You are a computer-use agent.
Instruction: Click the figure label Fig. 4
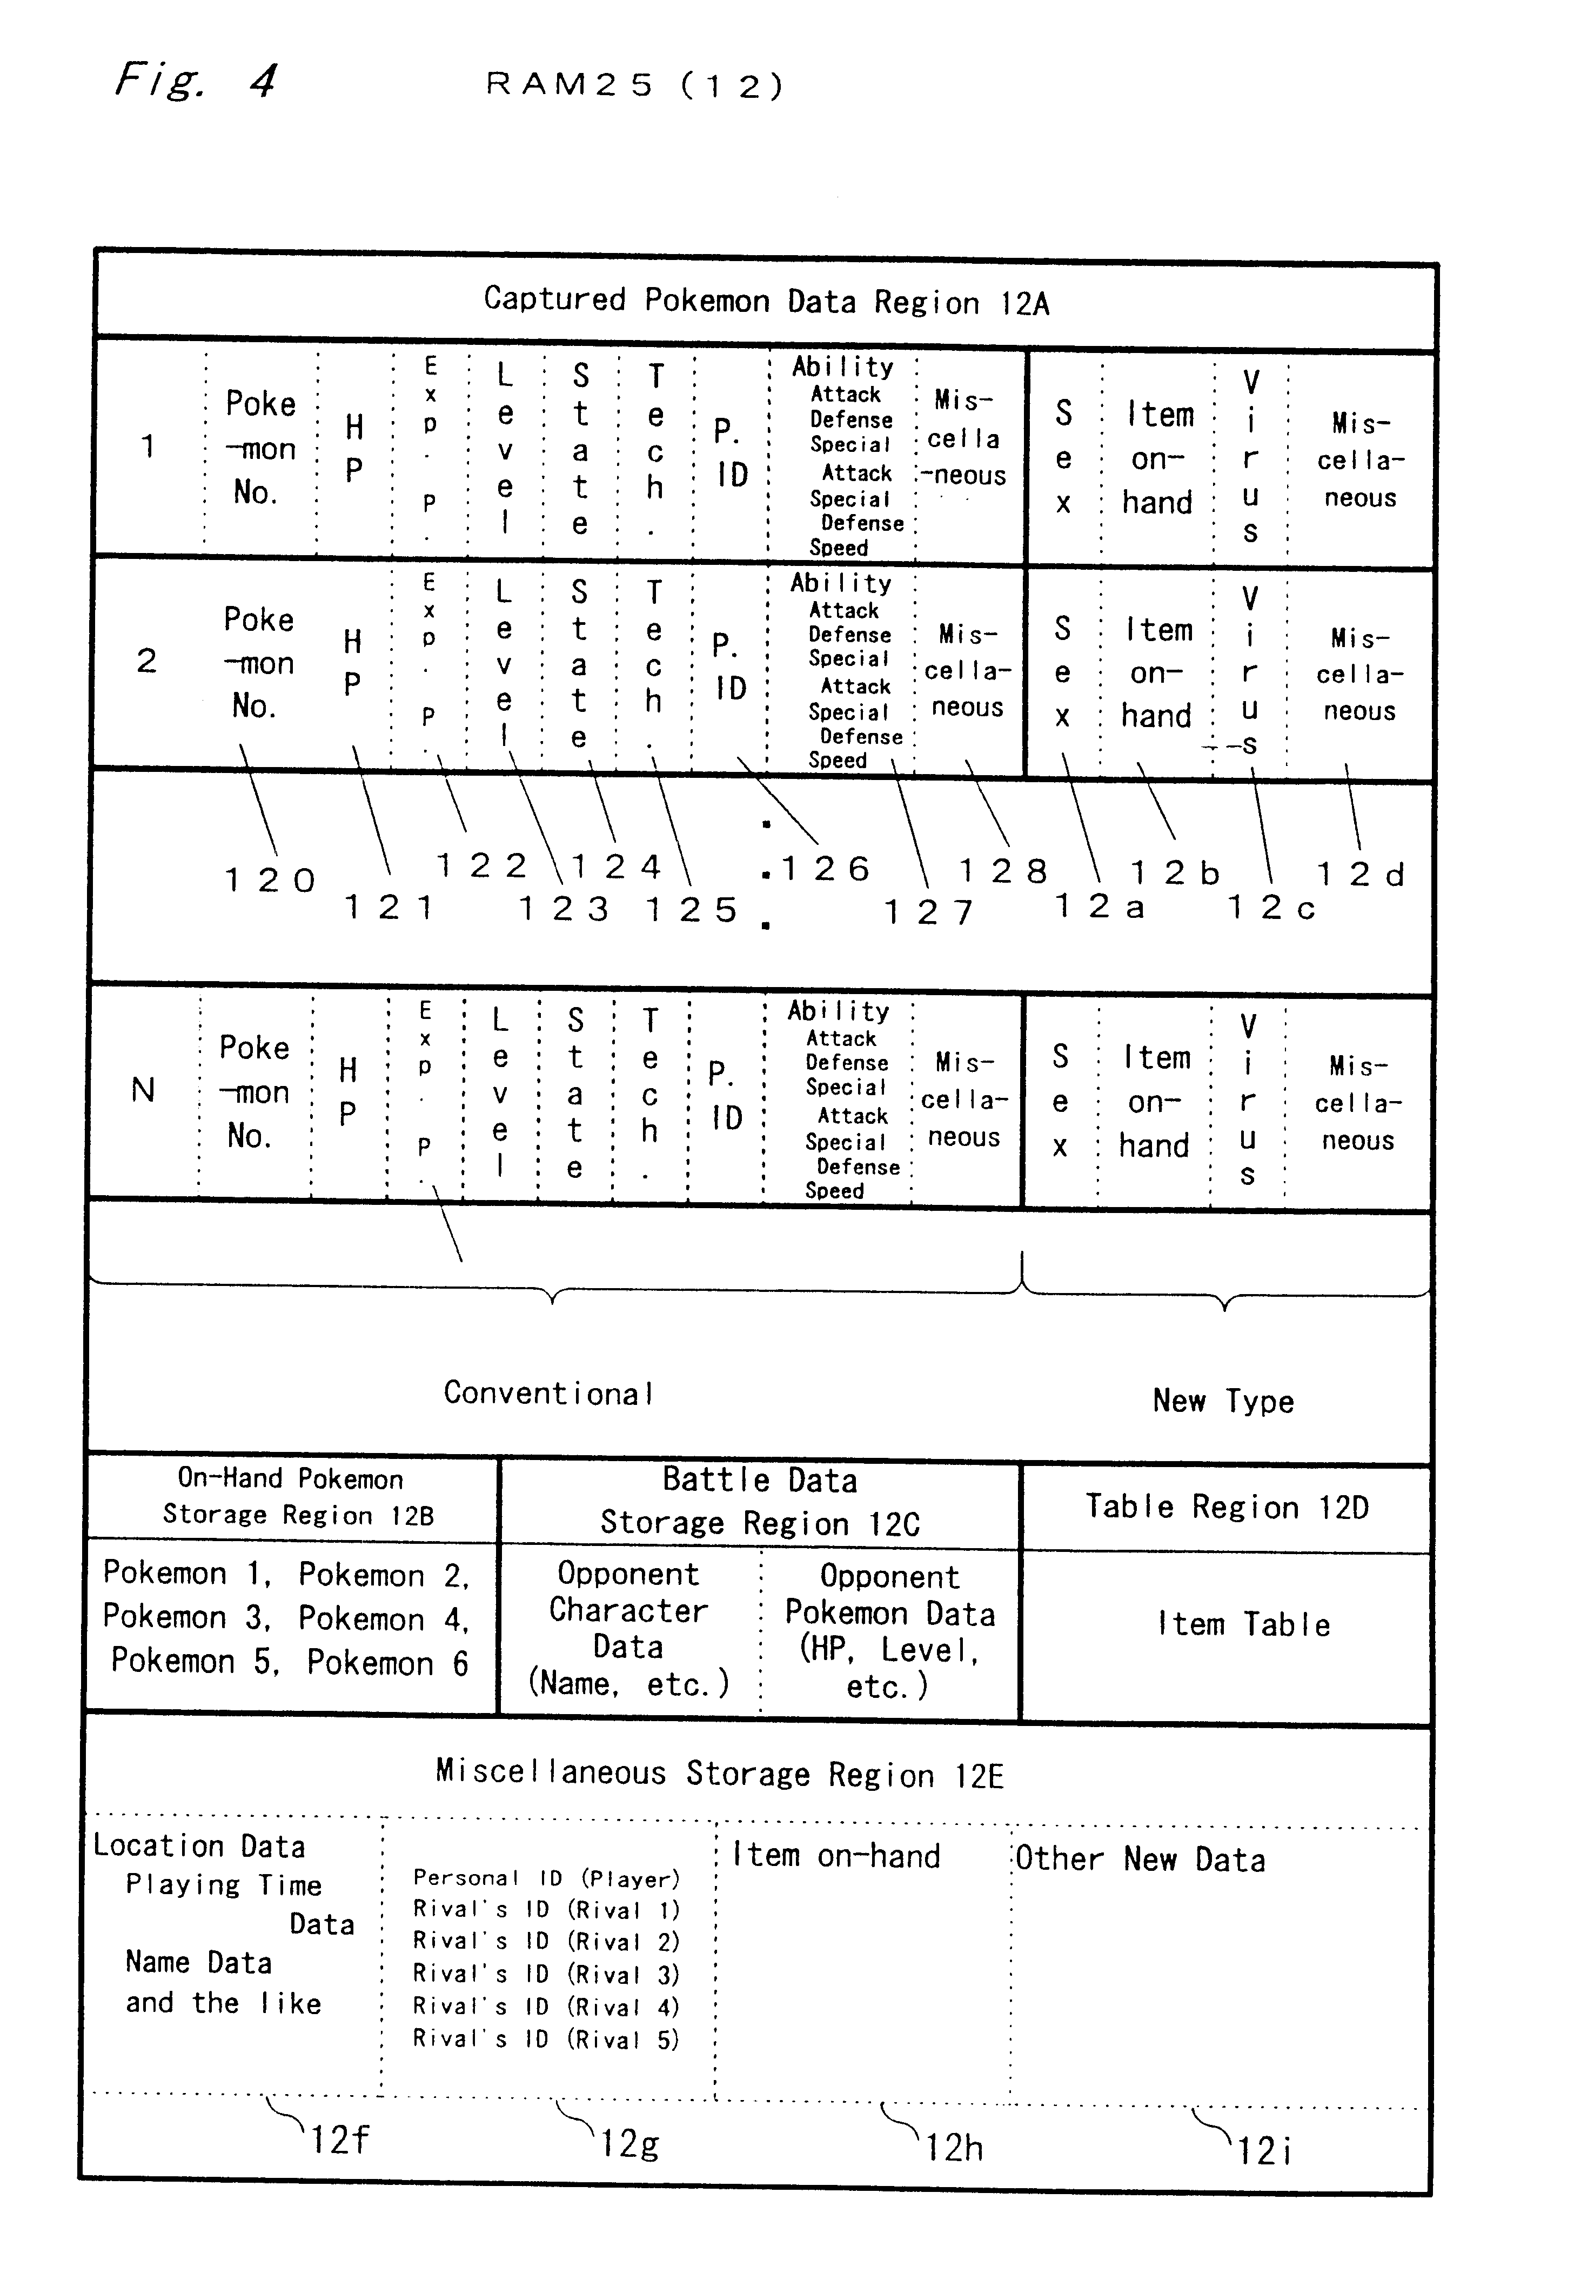(195, 79)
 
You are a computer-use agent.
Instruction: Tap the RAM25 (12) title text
(634, 86)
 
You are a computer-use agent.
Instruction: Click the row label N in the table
(143, 1090)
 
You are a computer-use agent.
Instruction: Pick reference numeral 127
(928, 912)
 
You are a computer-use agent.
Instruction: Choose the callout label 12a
(1100, 906)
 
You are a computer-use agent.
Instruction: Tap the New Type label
(1223, 1401)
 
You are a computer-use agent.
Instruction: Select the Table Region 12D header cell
(1227, 1507)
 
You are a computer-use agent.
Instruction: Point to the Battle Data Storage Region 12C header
(759, 1502)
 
